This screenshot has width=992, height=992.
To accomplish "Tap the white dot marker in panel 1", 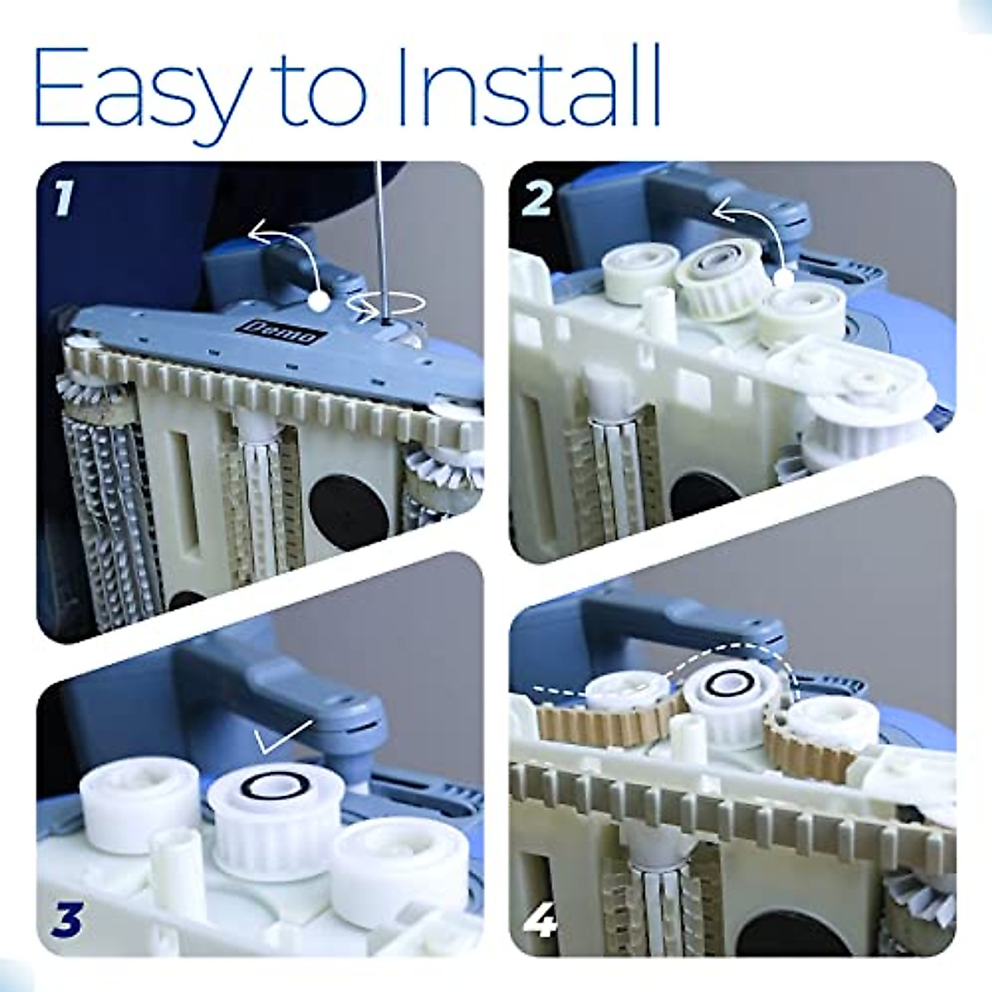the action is point(318,300).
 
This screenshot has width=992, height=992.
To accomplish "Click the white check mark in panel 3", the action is point(284,737).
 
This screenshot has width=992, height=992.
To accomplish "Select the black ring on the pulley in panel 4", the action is point(723,683).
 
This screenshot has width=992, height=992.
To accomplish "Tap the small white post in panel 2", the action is point(657,309).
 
